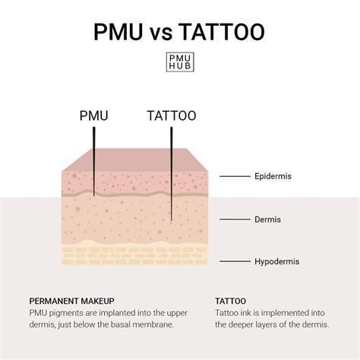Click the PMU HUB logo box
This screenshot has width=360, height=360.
coord(180,62)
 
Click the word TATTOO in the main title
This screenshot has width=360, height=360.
coord(222,32)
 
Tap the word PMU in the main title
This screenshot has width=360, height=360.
coord(118,32)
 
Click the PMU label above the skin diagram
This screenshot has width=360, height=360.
coord(94,115)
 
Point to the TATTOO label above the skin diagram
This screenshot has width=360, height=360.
coord(172,115)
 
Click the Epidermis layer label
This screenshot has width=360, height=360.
coord(273,176)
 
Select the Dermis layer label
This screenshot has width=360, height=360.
coord(267,219)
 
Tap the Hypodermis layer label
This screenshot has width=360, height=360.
coord(277,261)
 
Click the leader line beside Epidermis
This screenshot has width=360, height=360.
coord(235,176)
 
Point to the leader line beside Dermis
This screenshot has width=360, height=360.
coord(235,219)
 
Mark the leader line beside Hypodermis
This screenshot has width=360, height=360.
coord(235,261)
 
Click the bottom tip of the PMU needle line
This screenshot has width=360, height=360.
coord(94,196)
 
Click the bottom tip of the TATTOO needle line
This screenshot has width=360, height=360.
coord(172,221)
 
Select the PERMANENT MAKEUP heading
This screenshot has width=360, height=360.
coord(71,301)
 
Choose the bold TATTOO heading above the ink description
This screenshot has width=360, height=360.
coord(230,301)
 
